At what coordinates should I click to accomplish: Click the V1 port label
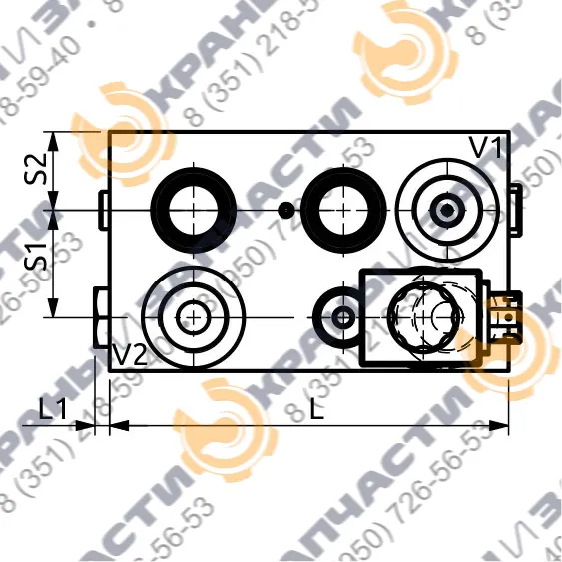[484, 148]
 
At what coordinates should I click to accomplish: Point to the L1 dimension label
[52, 408]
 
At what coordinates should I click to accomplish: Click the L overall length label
[317, 408]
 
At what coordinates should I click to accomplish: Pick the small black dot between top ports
[286, 210]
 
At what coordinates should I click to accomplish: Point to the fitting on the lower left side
[100, 317]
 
